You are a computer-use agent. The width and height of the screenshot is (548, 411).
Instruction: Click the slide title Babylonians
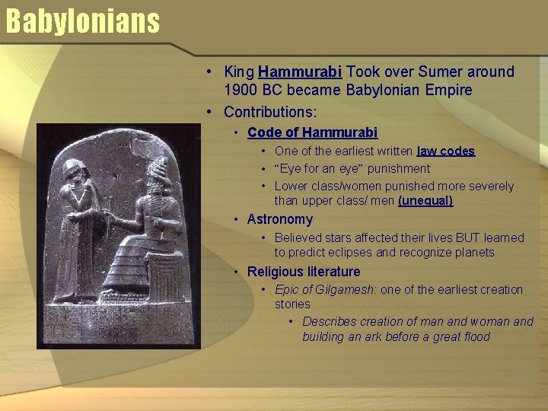(82, 21)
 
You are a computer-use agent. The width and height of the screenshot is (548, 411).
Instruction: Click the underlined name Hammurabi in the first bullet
(301, 72)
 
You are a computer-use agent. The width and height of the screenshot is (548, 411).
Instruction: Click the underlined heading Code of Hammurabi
(312, 132)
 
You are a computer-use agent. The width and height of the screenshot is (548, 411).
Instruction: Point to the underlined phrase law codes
(446, 151)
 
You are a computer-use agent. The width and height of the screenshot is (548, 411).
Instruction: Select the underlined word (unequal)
(425, 201)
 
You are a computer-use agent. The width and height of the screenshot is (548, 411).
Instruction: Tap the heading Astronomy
(279, 219)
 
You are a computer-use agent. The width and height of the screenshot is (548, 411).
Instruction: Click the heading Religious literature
(304, 272)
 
